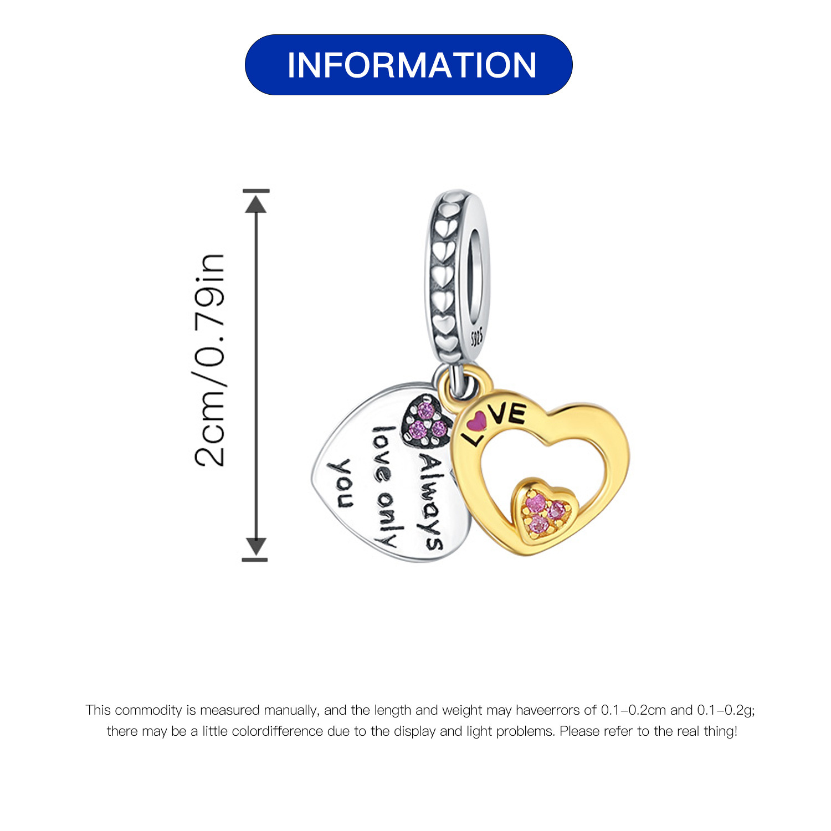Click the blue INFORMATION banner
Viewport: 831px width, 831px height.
pos(408,65)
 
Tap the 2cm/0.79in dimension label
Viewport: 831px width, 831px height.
pos(210,360)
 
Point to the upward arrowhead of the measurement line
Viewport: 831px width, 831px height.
pos(256,203)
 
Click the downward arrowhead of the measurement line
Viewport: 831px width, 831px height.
pos(256,547)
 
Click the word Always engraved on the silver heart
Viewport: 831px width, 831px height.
pos(430,503)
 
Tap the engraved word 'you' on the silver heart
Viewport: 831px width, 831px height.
pos(344,484)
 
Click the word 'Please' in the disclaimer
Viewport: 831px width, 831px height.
pos(579,731)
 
